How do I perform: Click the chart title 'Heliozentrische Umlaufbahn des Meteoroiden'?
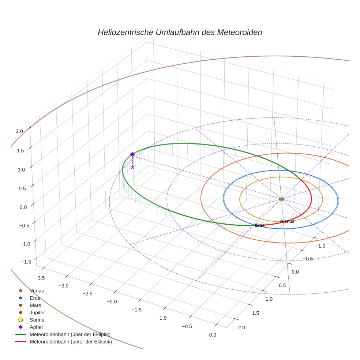pos(180,32)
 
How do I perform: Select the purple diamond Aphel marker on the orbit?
pos(132,154)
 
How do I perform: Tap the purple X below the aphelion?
pos(132,167)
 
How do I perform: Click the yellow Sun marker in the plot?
pos(281,199)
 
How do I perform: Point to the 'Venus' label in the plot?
pos(288,221)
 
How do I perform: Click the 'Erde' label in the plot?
pos(260,225)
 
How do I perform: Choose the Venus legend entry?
pos(37,291)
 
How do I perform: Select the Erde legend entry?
pos(35,298)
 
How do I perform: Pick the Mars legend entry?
pos(35,305)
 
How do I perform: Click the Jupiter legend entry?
pos(37,313)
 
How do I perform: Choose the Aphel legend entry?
pos(36,327)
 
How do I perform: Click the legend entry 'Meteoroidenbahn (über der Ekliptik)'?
pos(70,334)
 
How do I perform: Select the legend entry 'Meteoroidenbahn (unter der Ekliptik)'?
pos(71,342)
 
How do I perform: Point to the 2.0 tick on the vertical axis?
pos(19,131)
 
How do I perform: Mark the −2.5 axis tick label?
pos(88,293)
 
